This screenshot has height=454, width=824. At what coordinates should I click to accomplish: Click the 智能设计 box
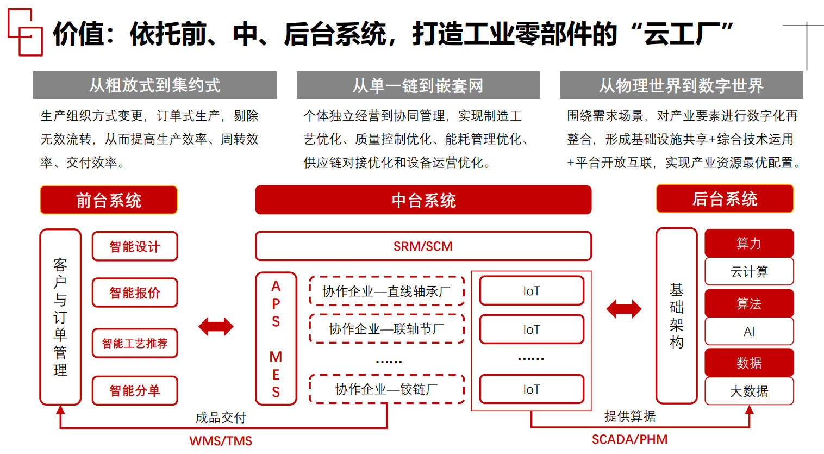point(135,246)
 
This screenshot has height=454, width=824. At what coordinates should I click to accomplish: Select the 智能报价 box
point(135,293)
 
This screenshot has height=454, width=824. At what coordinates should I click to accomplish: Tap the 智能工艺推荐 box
point(135,343)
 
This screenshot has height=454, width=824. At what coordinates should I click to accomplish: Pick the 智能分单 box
point(135,390)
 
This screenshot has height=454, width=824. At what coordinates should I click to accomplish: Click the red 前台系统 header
point(109,200)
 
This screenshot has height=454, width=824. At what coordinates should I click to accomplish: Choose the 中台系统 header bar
point(423,200)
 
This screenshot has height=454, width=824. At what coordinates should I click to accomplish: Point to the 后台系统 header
point(724,199)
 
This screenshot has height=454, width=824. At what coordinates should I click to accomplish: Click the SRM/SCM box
point(423,246)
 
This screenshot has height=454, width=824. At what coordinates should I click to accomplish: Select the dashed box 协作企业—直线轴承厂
point(386,291)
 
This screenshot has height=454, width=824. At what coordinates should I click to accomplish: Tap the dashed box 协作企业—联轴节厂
point(386,329)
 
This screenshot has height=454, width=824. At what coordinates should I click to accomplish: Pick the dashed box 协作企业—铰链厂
point(386,389)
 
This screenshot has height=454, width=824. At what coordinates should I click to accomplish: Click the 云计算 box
point(749,271)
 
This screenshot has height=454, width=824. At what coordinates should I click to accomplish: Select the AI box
point(749,331)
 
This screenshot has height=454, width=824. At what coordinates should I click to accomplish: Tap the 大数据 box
point(749,391)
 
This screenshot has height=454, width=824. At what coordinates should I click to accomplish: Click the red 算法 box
point(749,303)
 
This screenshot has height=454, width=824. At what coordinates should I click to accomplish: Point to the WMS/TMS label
point(221,441)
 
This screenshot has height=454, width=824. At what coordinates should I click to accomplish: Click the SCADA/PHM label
point(629,439)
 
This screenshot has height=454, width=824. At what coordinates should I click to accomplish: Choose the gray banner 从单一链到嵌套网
point(418,85)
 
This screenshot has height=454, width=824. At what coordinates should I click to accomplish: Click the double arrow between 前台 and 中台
point(216,326)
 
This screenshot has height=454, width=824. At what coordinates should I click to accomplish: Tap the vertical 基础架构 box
point(676,315)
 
